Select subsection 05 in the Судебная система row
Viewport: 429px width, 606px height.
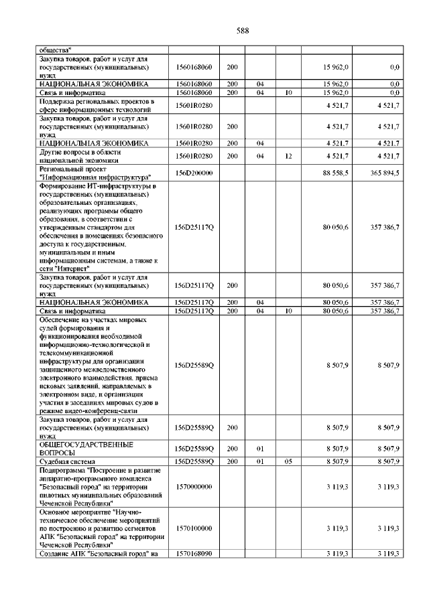(288, 462)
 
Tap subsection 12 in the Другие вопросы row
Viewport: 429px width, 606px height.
(288, 157)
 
